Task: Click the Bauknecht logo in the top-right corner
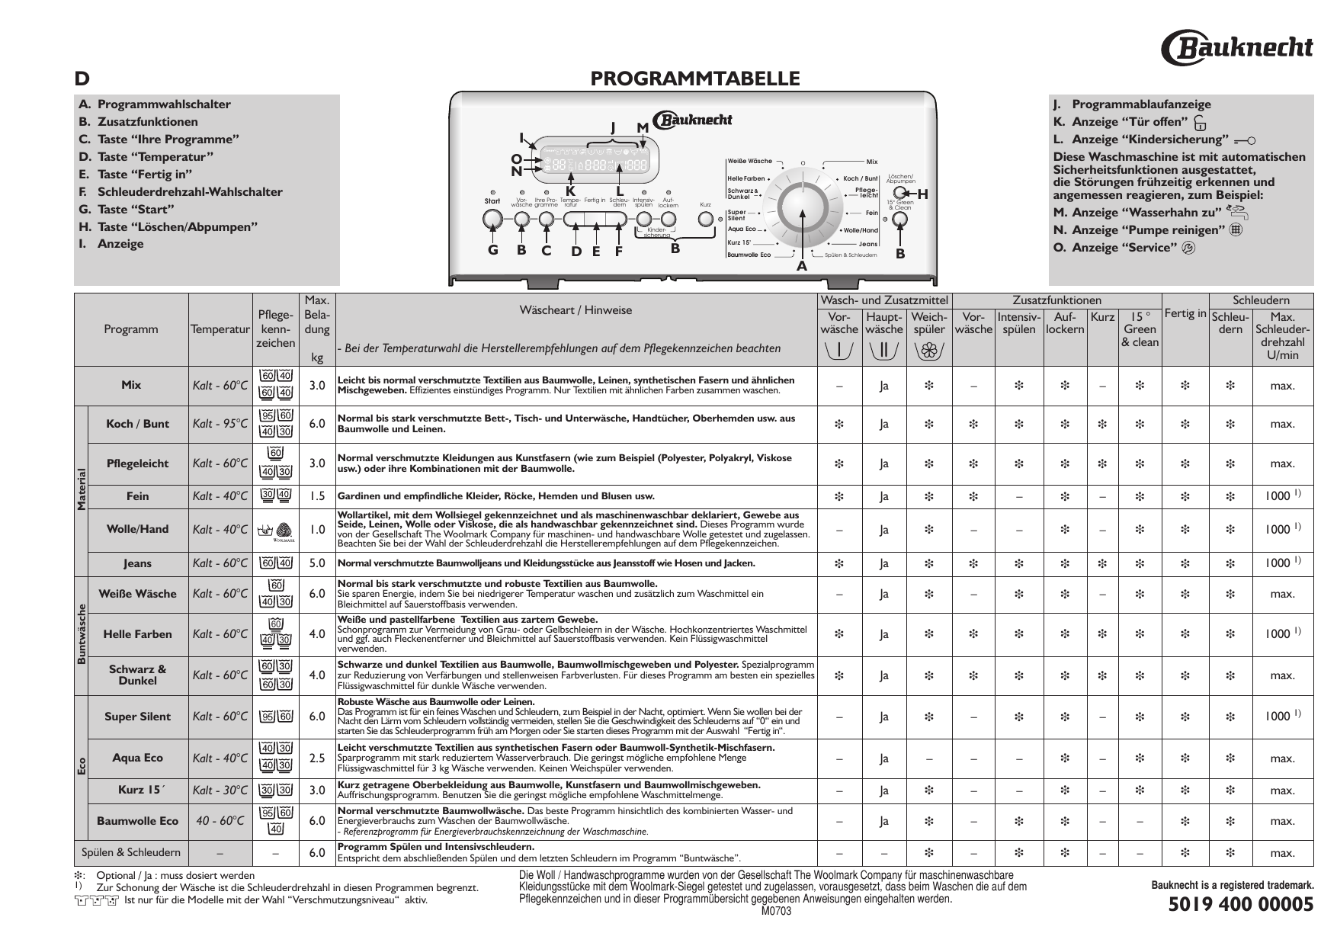click(1236, 48)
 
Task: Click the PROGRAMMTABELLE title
click(695, 79)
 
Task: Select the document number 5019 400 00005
click(1241, 905)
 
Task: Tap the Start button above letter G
click(492, 219)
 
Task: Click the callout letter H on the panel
click(922, 194)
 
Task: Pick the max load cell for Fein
click(317, 496)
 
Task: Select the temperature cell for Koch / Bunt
click(220, 424)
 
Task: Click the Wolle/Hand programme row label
click(138, 529)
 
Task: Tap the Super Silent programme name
click(138, 717)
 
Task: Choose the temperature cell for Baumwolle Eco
click(220, 821)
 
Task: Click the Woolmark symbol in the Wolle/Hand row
click(283, 530)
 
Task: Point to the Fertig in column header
click(1185, 313)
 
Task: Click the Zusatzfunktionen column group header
click(1056, 301)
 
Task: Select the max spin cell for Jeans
click(1282, 563)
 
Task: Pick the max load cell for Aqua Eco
click(317, 758)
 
